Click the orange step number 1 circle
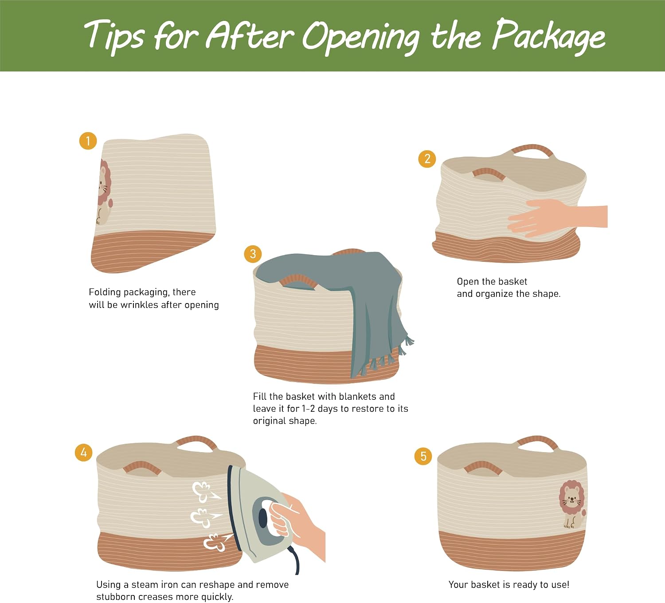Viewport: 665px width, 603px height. click(88, 141)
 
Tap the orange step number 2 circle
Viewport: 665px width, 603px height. click(427, 159)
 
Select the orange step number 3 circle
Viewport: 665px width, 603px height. click(253, 254)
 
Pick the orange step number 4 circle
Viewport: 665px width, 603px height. click(83, 452)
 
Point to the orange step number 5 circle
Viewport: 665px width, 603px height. click(423, 456)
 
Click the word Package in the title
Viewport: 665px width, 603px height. click(549, 36)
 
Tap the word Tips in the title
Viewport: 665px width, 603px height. click(113, 36)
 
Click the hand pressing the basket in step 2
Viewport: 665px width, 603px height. click(557, 217)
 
